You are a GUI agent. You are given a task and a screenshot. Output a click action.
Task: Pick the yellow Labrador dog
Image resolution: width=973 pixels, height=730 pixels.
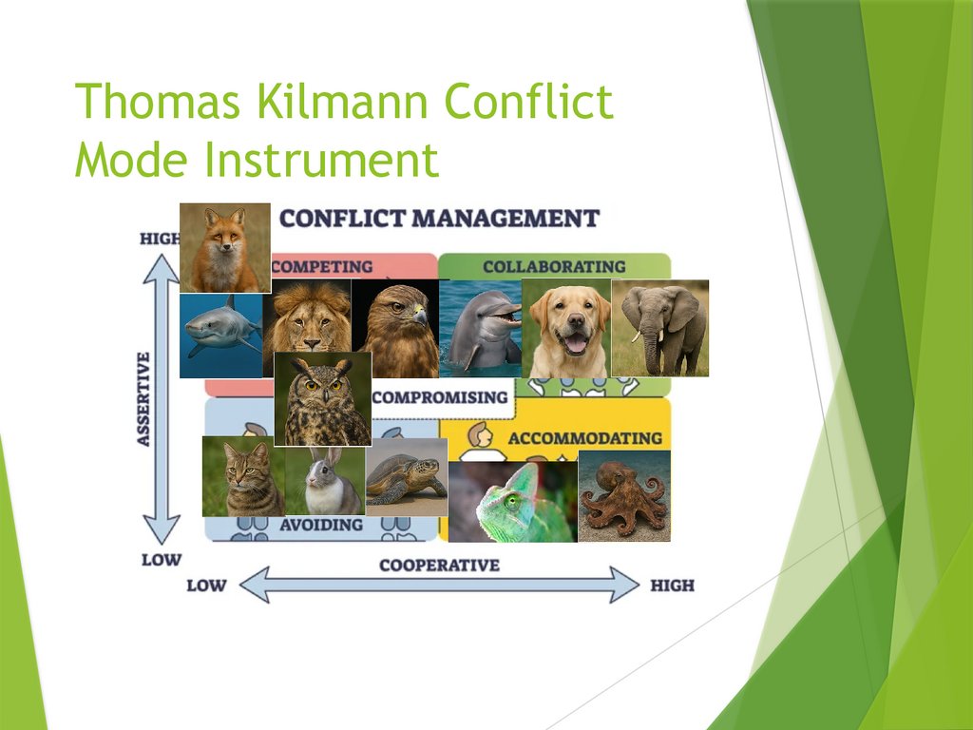coord(568,328)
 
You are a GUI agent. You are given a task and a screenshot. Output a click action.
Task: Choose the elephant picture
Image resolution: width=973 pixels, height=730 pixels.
coord(661,328)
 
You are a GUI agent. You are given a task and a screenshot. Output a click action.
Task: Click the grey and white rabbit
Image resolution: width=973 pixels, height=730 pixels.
coord(324,483)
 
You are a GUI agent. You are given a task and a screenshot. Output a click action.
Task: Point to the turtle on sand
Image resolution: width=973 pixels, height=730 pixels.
coord(405,477)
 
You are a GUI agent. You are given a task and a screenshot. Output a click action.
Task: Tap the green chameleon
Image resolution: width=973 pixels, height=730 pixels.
coord(513,502)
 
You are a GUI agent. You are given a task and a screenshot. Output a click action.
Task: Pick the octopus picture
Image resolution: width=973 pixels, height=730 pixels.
coord(623,496)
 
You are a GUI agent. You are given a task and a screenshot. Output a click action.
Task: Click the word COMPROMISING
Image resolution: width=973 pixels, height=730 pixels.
coord(439,397)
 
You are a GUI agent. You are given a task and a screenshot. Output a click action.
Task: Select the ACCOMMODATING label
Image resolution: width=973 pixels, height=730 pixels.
coord(584,438)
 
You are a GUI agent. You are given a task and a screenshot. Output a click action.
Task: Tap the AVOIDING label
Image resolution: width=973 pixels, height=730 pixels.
coord(321,525)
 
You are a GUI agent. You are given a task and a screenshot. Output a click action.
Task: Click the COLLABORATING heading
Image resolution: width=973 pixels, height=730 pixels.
coord(554,267)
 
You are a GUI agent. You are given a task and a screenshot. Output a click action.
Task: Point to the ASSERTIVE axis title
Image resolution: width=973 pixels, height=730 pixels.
coord(144,398)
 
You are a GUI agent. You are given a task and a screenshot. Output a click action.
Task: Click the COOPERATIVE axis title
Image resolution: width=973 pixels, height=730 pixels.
coord(438,566)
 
